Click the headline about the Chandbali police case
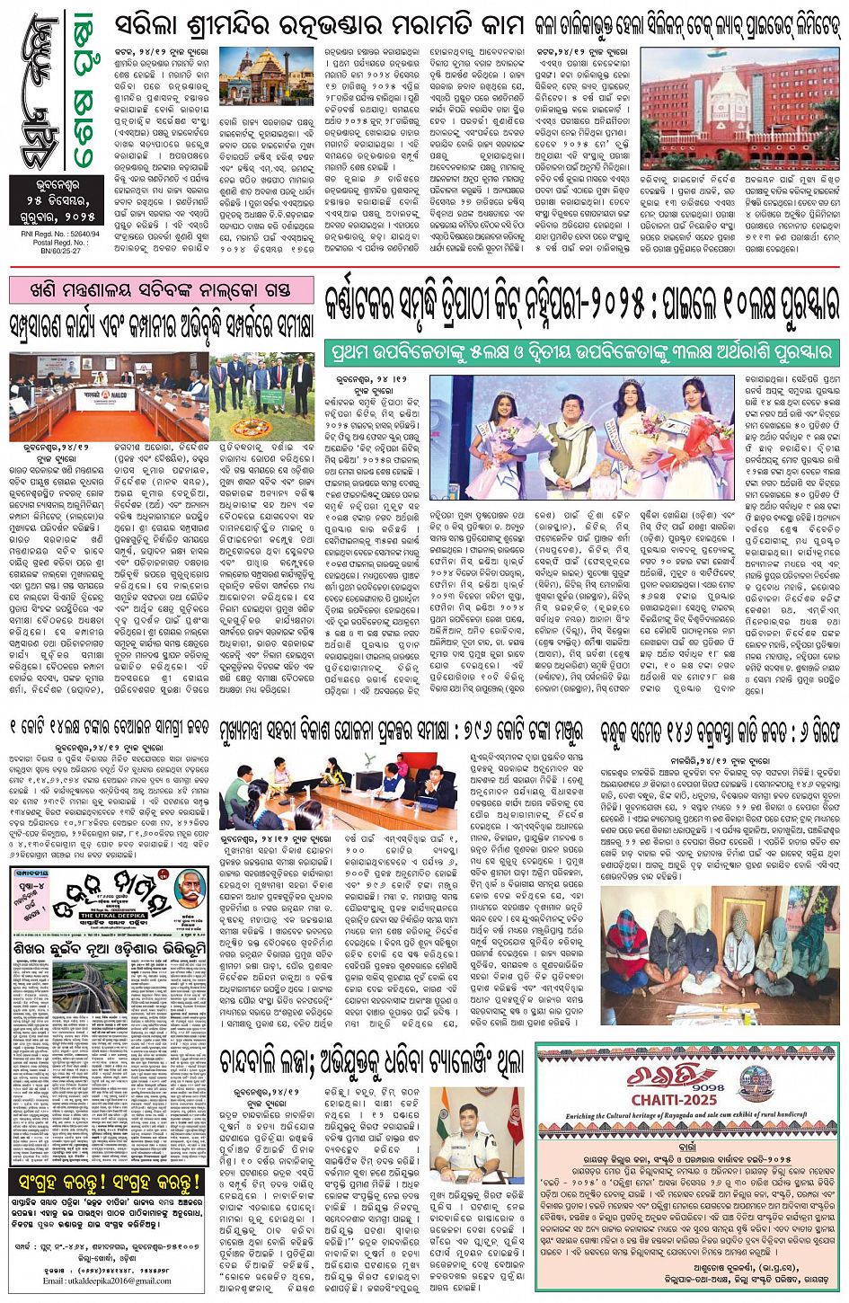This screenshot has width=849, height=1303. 372,1061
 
